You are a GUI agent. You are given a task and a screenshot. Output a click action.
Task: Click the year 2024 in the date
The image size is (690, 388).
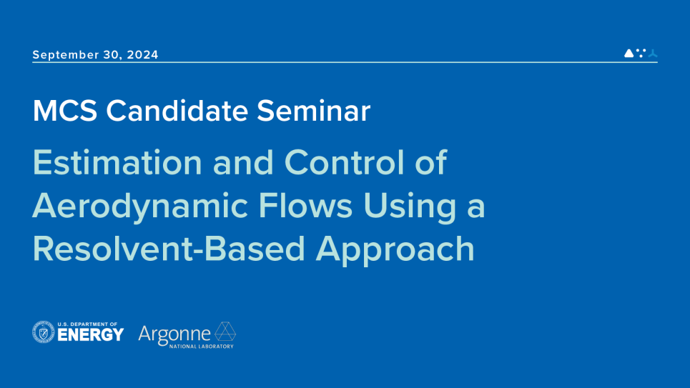[x=143, y=55]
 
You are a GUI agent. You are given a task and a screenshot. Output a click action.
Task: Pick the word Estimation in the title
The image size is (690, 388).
[x=116, y=164]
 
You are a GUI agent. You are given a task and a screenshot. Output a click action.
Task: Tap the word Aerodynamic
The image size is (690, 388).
[x=147, y=207]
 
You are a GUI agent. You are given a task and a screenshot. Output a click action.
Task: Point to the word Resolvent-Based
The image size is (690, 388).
[x=169, y=249]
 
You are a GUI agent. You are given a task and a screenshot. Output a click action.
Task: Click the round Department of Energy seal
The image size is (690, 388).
[x=44, y=332]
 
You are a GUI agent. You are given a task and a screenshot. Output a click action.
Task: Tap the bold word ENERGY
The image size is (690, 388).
[x=90, y=334]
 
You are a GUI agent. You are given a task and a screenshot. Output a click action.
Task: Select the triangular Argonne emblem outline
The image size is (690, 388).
[x=226, y=332]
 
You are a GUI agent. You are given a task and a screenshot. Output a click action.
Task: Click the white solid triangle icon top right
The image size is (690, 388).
[x=629, y=53]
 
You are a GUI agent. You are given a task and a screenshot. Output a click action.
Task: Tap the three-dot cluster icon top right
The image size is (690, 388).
[x=641, y=53]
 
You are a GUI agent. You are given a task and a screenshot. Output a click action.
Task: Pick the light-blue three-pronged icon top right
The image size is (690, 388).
[x=653, y=54]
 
